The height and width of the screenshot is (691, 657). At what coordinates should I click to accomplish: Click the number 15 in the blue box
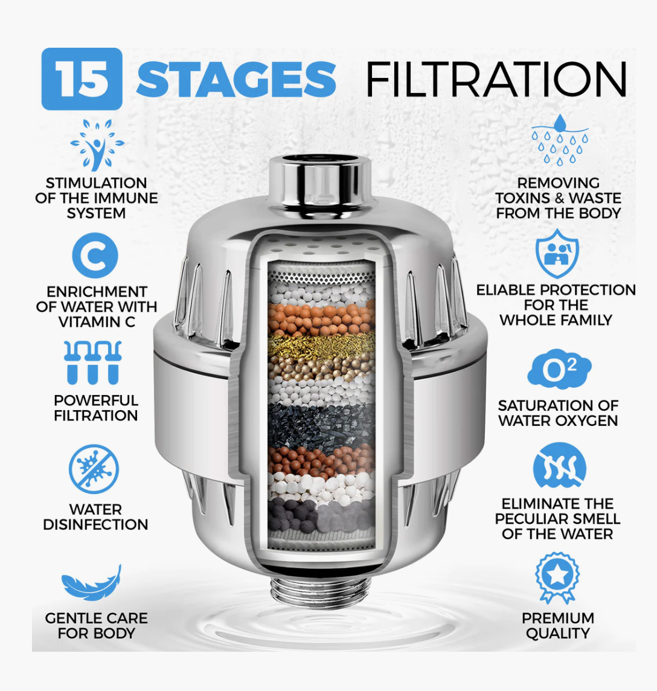click(82, 79)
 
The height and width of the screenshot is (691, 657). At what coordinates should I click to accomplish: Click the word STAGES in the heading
click(236, 79)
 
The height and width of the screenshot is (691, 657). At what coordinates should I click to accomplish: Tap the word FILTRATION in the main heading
click(496, 79)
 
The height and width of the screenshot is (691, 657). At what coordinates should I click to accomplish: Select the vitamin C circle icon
click(95, 256)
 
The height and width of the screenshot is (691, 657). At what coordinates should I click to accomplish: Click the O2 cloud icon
click(559, 369)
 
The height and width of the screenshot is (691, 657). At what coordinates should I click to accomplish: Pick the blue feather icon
click(91, 583)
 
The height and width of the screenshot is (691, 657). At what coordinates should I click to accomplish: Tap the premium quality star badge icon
click(557, 577)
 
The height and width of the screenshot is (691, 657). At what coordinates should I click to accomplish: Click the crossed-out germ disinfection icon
click(94, 469)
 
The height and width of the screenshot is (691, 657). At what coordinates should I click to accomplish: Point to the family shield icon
click(557, 254)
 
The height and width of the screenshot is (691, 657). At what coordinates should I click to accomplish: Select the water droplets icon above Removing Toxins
click(560, 140)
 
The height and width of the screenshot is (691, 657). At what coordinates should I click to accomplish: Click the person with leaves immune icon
click(97, 145)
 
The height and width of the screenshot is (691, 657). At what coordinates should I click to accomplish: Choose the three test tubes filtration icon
click(92, 362)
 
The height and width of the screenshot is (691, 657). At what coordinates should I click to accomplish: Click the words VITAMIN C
click(97, 322)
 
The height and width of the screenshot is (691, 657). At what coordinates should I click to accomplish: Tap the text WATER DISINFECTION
click(95, 517)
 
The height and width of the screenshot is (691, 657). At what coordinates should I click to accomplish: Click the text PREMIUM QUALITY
click(558, 625)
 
